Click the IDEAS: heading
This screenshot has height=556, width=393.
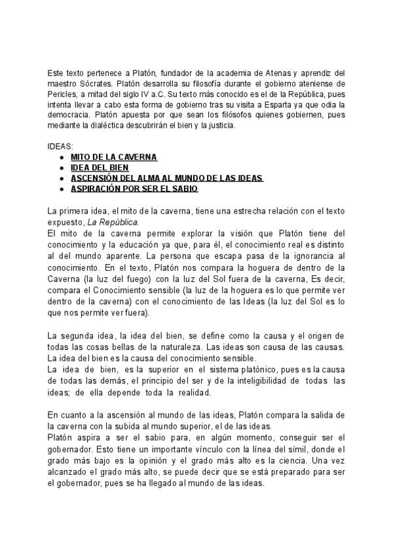(x=62, y=148)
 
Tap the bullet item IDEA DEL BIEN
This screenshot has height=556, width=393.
(x=100, y=168)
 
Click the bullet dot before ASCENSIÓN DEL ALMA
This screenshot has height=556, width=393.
(x=62, y=178)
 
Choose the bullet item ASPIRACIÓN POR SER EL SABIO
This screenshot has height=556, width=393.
(x=134, y=189)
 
